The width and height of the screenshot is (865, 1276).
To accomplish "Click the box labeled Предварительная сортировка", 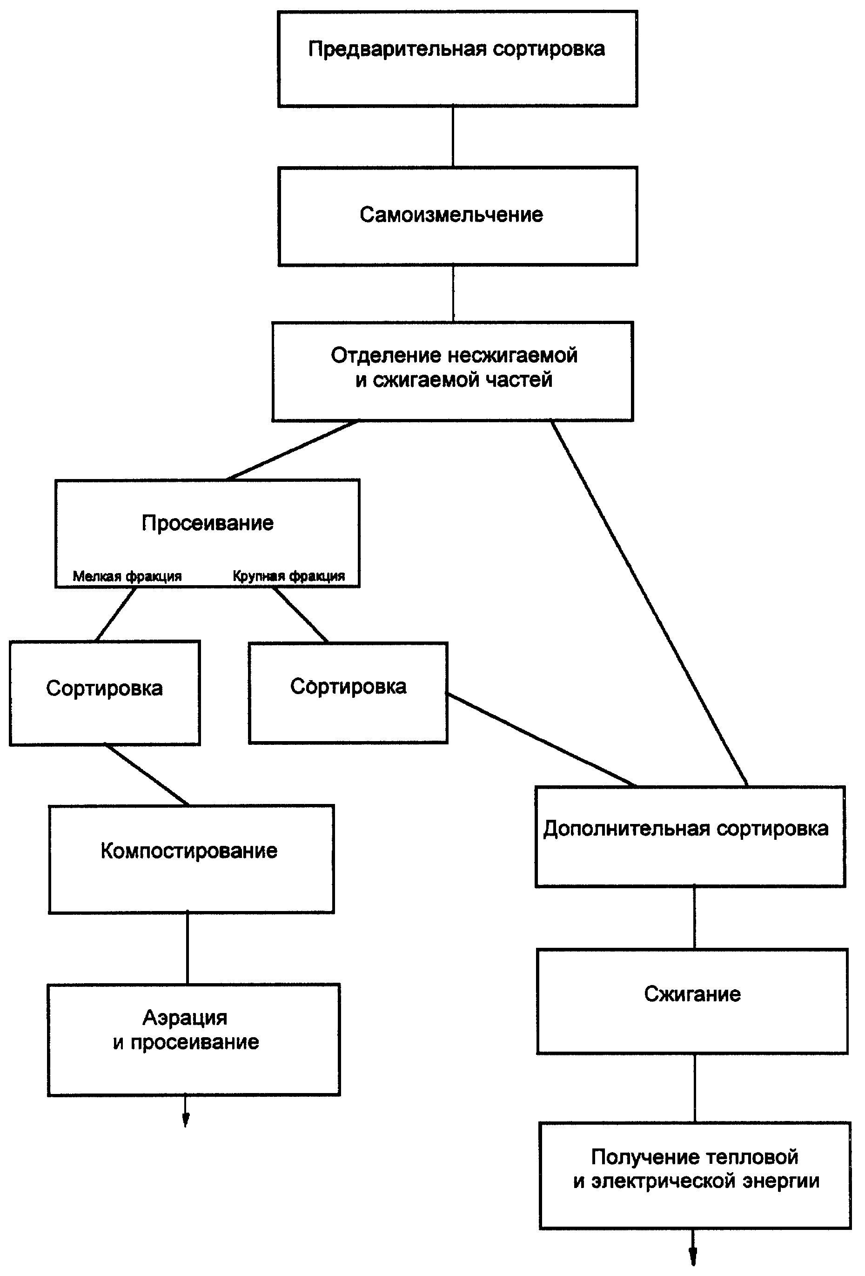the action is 457,59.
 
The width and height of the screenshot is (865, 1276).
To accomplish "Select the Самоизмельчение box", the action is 457,216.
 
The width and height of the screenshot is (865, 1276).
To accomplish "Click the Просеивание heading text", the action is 208,523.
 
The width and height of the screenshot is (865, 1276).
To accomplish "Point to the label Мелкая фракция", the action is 127,576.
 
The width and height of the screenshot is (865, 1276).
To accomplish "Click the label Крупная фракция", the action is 288,576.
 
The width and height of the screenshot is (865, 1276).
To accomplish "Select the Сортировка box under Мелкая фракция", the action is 105,692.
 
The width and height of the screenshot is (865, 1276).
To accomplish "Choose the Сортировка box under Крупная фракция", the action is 348,693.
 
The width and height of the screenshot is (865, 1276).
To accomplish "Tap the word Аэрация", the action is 185,1017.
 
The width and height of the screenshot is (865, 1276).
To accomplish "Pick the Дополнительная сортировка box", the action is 690,837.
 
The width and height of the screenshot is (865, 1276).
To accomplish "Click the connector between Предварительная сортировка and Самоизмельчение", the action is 453,137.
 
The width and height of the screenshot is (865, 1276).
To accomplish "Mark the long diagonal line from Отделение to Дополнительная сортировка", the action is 649,603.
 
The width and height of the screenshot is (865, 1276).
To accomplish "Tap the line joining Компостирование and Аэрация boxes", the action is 188,948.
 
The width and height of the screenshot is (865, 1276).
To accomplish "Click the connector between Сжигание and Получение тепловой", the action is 695,1088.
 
